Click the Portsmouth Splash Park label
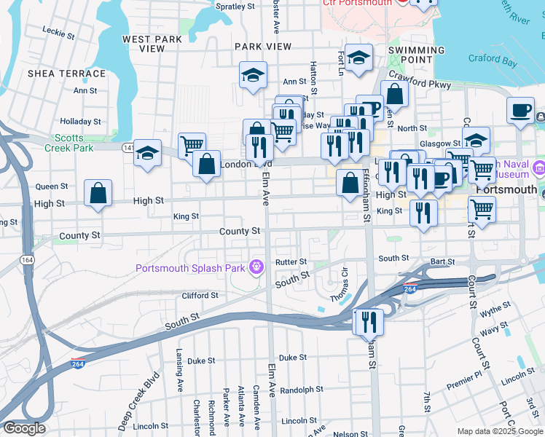(x=190, y=267)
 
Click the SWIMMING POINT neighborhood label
(x=416, y=55)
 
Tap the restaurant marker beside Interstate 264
(x=368, y=321)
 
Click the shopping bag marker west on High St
(x=98, y=194)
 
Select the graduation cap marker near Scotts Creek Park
(x=147, y=154)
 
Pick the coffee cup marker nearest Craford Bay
(x=521, y=111)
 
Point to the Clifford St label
(x=200, y=295)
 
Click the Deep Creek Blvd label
(x=138, y=401)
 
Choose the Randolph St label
(x=301, y=389)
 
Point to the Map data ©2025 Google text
(x=500, y=431)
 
